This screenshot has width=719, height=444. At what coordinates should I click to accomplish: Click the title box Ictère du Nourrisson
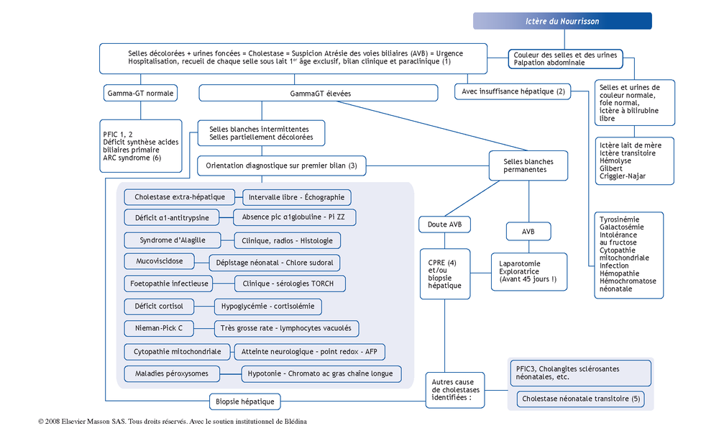click(x=562, y=21)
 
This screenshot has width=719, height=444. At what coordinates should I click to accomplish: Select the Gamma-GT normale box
click(x=140, y=94)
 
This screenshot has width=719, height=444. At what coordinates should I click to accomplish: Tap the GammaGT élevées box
click(x=319, y=94)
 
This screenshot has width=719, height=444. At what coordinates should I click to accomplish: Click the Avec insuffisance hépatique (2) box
click(x=513, y=91)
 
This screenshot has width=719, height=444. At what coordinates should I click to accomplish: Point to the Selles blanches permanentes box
click(x=528, y=166)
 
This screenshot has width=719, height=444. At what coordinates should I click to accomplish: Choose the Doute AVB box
click(x=445, y=225)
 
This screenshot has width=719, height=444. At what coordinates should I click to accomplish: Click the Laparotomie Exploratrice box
click(x=529, y=272)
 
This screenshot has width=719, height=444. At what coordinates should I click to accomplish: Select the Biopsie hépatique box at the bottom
click(x=245, y=402)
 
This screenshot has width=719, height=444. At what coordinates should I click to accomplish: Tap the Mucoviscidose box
click(x=159, y=261)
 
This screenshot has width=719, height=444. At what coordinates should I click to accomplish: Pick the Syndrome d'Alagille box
click(x=173, y=240)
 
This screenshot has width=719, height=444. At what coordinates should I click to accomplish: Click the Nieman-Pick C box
click(x=159, y=328)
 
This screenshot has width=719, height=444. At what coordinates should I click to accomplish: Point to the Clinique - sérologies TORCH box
click(x=290, y=284)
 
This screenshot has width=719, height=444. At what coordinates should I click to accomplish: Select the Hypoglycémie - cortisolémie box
click(x=267, y=307)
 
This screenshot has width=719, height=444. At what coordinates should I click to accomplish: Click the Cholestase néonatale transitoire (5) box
click(x=580, y=399)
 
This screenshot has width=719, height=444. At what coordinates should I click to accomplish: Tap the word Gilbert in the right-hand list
click(x=610, y=168)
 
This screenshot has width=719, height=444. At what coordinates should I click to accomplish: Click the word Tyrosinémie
click(x=619, y=219)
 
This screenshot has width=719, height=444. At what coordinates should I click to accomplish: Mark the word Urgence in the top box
click(x=449, y=53)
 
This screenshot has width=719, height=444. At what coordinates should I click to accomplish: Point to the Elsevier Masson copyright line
click(x=173, y=422)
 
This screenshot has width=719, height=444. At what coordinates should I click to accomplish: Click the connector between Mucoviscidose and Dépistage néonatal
click(x=202, y=263)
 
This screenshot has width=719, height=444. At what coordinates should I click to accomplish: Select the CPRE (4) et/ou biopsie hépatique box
click(x=445, y=274)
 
